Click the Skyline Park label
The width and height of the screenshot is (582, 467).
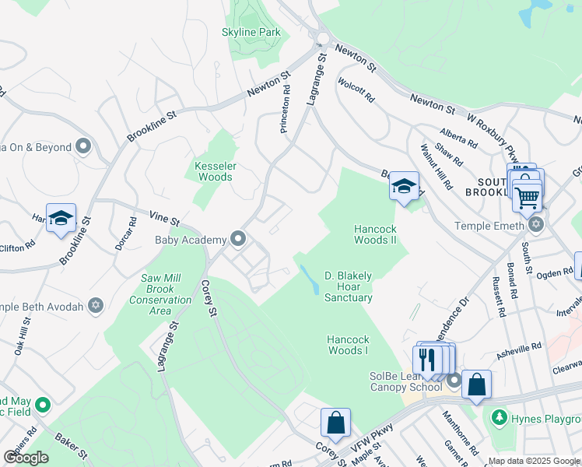[251, 32]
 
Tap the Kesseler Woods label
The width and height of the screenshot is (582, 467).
[214, 171]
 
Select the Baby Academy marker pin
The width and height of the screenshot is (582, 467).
[238, 239]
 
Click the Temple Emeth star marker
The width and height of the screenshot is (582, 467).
[535, 224]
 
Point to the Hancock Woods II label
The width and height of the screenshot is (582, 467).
[377, 234]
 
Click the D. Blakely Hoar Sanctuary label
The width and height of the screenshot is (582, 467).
[348, 286]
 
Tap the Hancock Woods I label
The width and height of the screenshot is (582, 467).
[347, 345]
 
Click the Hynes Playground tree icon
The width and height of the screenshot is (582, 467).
[498, 419]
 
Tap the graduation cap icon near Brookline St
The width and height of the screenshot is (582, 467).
[60, 219]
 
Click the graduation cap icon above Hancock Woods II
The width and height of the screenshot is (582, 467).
[404, 186]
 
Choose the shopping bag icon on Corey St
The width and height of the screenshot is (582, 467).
[335, 423]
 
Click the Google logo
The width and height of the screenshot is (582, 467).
[26, 458]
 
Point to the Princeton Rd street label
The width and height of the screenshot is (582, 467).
[286, 108]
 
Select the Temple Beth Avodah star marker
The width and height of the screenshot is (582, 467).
[96, 306]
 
